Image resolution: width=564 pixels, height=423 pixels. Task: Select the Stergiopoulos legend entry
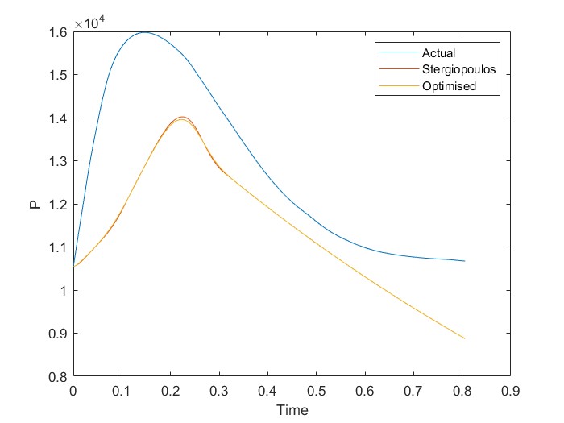[x=452, y=70]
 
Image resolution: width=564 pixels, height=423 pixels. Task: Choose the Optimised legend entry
[x=444, y=86]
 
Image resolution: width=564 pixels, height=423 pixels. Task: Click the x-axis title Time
[x=292, y=410]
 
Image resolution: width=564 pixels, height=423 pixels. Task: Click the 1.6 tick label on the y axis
[x=58, y=32]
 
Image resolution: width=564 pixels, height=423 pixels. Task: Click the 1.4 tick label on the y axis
[x=58, y=118]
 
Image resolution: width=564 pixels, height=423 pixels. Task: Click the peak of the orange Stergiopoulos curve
[x=182, y=117]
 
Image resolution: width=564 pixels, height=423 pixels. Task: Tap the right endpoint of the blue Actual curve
[x=465, y=261]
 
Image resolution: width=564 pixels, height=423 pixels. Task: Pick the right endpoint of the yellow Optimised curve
[x=465, y=338]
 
